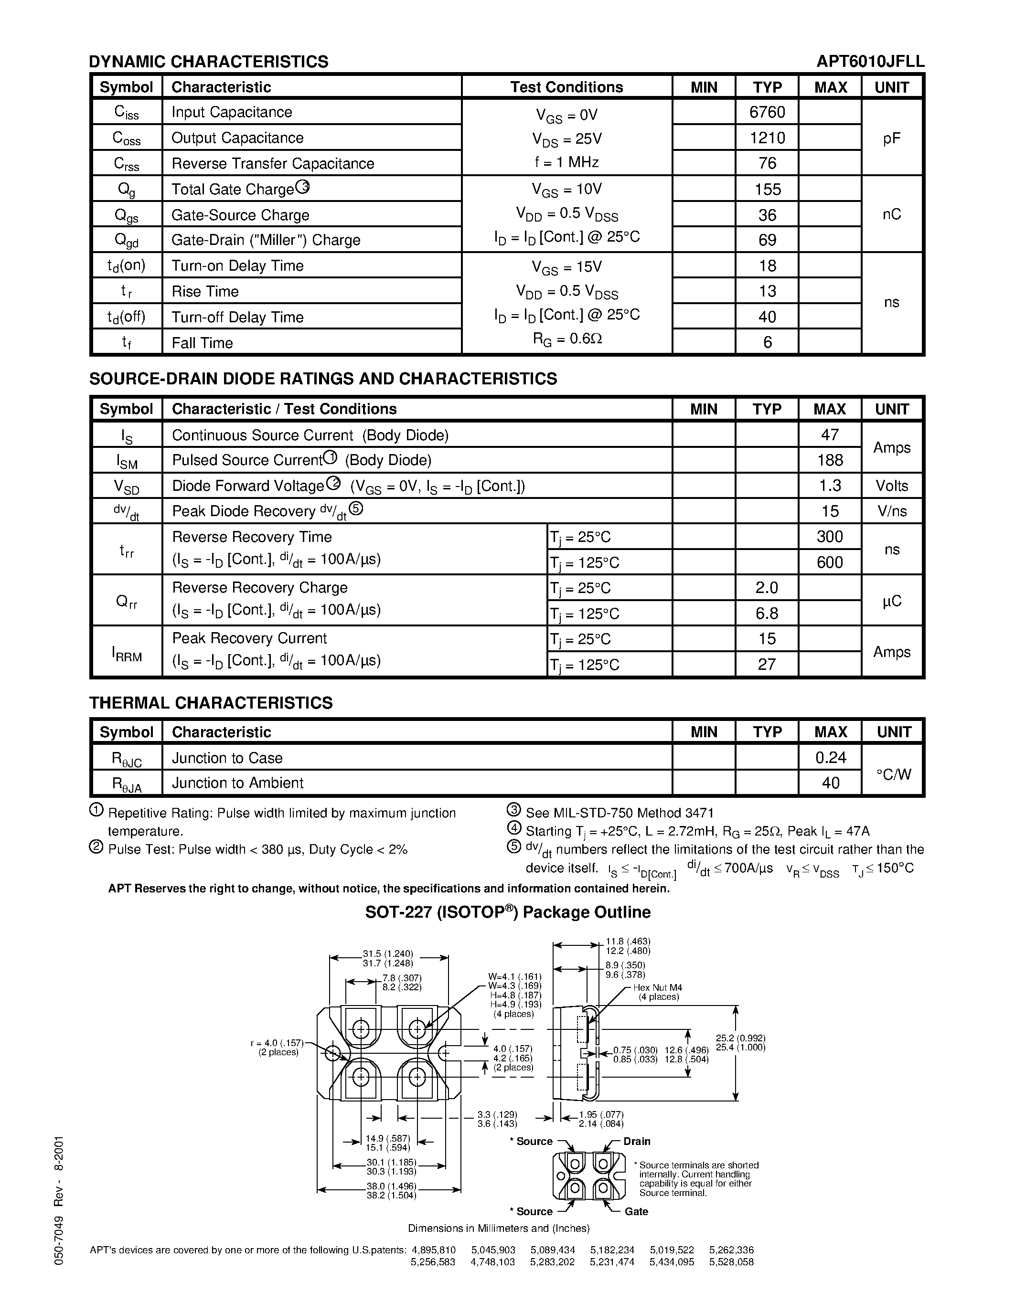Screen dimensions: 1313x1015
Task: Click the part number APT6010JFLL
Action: pyautogui.click(x=870, y=61)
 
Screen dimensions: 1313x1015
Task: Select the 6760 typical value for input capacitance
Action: pyautogui.click(x=767, y=112)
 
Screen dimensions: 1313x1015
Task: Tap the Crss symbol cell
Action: pyautogui.click(x=126, y=163)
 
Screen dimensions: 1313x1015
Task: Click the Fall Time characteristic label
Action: pyautogui.click(x=202, y=343)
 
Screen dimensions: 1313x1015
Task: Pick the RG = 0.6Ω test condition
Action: pyautogui.click(x=567, y=339)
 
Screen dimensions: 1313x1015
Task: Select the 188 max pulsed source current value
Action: pyautogui.click(x=830, y=460)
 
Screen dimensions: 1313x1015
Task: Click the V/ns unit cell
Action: pyautogui.click(x=892, y=511)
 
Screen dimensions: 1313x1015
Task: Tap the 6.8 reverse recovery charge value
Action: pyautogui.click(x=767, y=613)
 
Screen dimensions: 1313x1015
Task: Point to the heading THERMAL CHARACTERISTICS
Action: pyautogui.click(x=211, y=703)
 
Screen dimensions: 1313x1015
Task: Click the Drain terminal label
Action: pyautogui.click(x=636, y=1141)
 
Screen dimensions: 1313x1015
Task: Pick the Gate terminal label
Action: pyautogui.click(x=636, y=1211)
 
